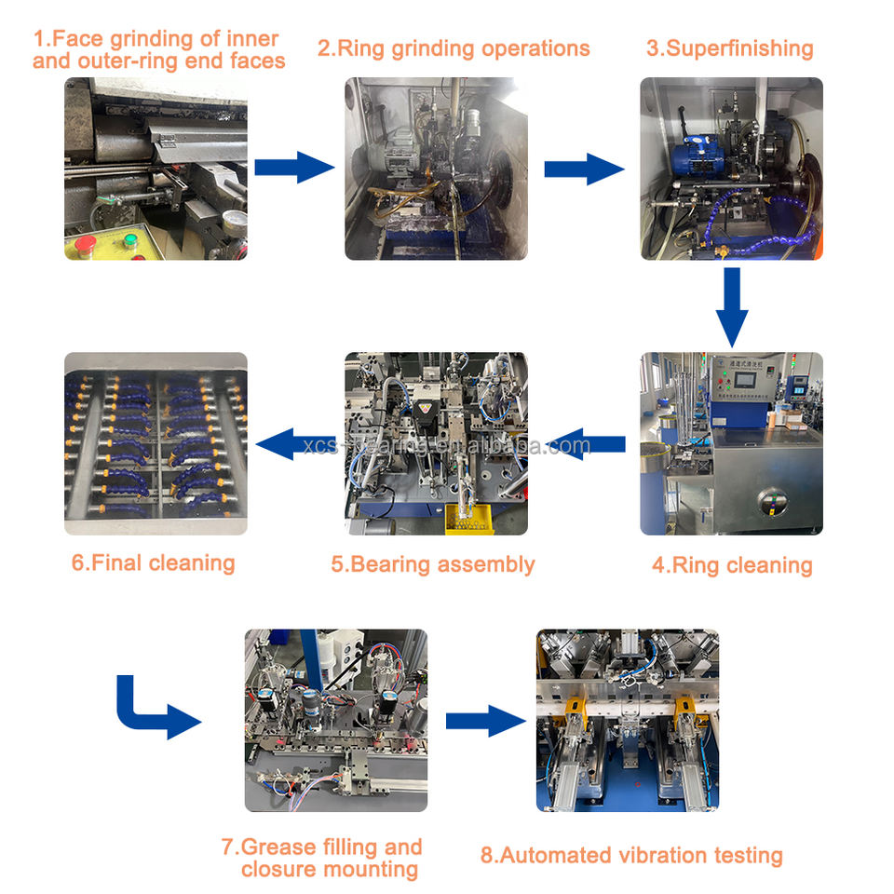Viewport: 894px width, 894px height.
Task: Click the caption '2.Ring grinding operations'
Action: tap(454, 48)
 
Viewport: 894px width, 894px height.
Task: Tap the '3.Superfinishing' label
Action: tap(729, 48)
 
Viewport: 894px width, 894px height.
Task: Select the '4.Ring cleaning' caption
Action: tap(731, 565)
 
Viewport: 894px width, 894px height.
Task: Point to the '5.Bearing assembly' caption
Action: tap(433, 564)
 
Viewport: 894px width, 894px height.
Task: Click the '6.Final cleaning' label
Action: tap(153, 562)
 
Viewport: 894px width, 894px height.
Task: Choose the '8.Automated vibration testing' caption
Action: tap(631, 855)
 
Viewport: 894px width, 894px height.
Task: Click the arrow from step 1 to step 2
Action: tap(293, 168)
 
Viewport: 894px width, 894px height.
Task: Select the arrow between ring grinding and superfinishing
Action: tap(583, 169)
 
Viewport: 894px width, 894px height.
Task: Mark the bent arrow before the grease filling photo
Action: tap(156, 710)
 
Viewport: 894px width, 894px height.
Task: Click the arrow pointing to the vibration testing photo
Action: tap(485, 721)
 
